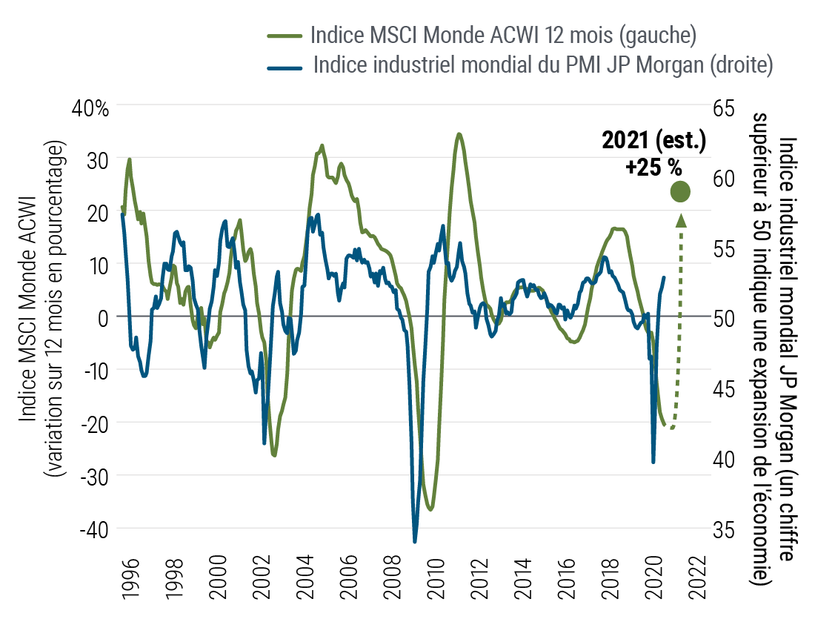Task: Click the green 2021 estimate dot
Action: coord(680,192)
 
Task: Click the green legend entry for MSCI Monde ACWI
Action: coord(504,36)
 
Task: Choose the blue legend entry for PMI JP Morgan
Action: coord(544,64)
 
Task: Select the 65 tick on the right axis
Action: coord(728,107)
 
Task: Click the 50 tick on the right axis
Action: coord(728,319)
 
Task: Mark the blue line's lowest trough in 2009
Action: coord(415,541)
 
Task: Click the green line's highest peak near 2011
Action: coord(459,134)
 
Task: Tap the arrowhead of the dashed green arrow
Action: coord(680,219)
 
